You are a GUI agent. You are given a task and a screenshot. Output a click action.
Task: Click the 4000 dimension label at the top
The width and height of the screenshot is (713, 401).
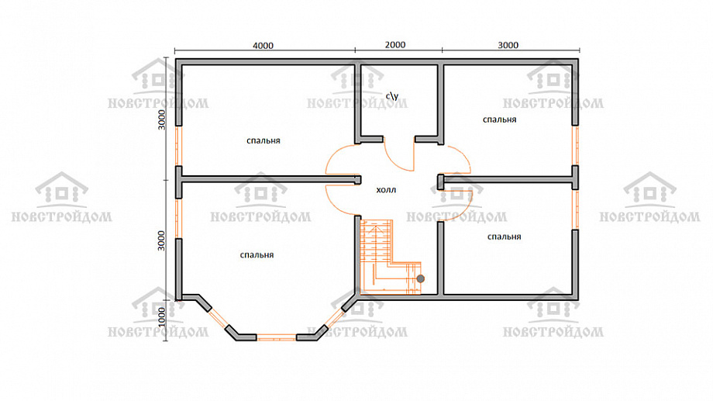(263, 46)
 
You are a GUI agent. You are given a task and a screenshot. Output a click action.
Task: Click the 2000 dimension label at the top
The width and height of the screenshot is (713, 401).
(395, 45)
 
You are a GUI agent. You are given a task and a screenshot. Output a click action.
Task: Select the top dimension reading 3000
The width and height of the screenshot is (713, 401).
(508, 45)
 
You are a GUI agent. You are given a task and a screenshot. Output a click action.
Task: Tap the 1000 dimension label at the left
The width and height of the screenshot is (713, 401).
(162, 316)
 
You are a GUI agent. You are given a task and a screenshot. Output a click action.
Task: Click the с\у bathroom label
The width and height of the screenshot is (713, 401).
(392, 96)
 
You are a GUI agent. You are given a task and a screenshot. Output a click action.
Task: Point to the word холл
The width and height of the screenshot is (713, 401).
(386, 190)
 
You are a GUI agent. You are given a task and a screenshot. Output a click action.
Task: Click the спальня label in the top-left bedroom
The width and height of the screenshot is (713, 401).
(263, 140)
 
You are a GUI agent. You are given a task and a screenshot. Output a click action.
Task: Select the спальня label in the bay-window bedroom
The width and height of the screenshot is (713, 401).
(257, 255)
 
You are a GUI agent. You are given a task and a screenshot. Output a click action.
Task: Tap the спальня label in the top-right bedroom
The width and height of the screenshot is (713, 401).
(499, 119)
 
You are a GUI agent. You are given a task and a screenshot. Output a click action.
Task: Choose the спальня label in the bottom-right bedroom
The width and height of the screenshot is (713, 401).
(504, 237)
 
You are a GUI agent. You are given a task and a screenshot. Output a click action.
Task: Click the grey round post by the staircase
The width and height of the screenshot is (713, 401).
(421, 278)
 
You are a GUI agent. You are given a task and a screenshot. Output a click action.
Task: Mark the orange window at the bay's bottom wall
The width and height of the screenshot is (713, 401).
(277, 337)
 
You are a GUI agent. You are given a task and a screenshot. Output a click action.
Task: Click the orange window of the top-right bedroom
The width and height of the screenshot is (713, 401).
(575, 145)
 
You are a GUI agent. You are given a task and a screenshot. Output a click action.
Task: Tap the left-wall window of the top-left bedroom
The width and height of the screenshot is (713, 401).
(179, 146)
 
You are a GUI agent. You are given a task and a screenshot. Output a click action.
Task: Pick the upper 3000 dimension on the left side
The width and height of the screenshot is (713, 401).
(162, 119)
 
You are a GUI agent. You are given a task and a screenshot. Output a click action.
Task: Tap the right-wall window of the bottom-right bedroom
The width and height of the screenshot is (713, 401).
(575, 209)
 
